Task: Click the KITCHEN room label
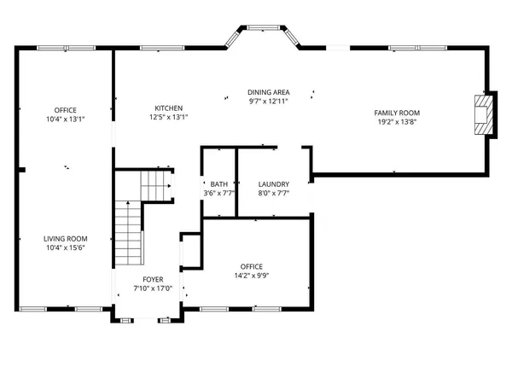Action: coord(168,108)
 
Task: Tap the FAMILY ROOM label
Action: coord(397,113)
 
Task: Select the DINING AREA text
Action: coord(268,92)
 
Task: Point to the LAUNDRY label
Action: coord(274,184)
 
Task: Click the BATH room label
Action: coord(218,184)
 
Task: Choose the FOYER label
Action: coord(153,279)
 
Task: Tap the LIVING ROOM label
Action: coord(66,239)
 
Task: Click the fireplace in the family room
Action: coord(483,113)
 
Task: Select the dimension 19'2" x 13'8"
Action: coord(397,122)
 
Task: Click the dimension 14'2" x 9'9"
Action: coord(251,276)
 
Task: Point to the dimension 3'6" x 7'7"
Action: coord(218,194)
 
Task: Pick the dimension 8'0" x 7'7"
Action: coord(274,194)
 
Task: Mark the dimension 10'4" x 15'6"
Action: coord(66,248)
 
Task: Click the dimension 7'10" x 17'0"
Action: coord(153,288)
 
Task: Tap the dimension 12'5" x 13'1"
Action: coord(168,118)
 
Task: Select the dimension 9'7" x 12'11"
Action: coord(268,102)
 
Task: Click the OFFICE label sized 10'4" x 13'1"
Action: coord(66,110)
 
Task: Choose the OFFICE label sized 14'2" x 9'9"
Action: coord(251,266)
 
